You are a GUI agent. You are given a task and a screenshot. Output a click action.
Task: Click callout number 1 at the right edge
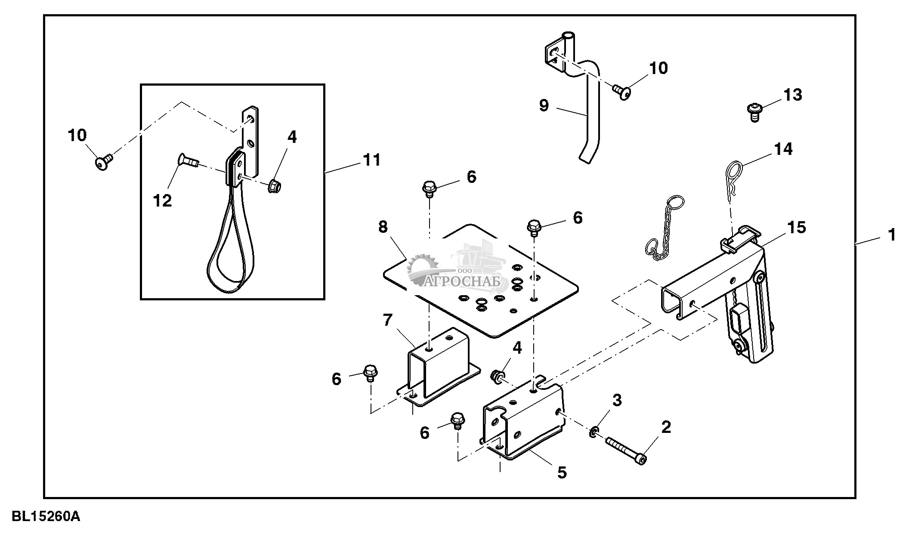tap(891, 235)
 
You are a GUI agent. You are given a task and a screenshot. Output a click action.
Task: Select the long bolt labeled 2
tap(626, 450)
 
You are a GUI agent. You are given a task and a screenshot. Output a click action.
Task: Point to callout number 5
tap(562, 472)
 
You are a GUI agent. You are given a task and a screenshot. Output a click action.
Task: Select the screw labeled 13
tap(754, 112)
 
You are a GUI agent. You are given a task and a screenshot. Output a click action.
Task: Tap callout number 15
tap(796, 227)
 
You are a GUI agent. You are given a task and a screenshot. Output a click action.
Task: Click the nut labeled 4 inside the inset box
tap(274, 186)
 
